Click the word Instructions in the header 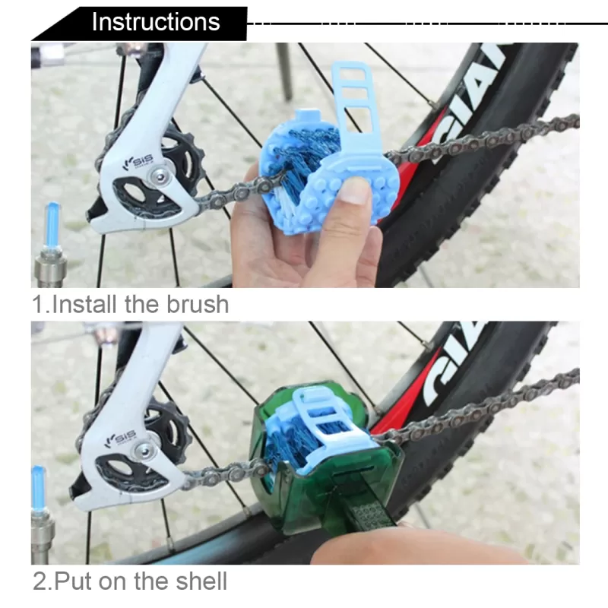point(156,22)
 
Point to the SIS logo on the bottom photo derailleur point(121,439)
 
